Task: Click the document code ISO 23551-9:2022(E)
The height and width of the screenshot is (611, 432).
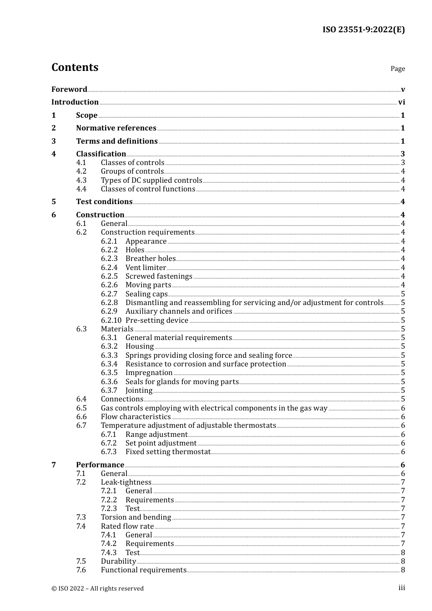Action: pyautogui.click(x=363, y=30)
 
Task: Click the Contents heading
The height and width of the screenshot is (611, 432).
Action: pyautogui.click(x=75, y=67)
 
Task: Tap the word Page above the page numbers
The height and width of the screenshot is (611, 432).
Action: pyautogui.click(x=397, y=69)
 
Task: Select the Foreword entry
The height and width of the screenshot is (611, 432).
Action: pyautogui.click(x=69, y=89)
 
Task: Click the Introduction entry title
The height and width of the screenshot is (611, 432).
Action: pyautogui.click(x=75, y=102)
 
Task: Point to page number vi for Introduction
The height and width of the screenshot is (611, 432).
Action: pyautogui.click(x=402, y=102)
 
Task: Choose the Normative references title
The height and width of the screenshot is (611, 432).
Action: pyautogui.click(x=116, y=128)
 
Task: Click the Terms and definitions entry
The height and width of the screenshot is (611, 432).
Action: pyautogui.click(x=117, y=141)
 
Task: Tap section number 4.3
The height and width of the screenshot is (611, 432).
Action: pyautogui.click(x=81, y=180)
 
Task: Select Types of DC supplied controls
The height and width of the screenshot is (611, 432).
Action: pyautogui.click(x=151, y=180)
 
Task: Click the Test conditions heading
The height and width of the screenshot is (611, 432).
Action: pyautogui.click(x=104, y=202)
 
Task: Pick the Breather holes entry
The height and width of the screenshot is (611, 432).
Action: pyautogui.click(x=151, y=259)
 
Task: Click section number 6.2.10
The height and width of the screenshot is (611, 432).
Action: pyautogui.click(x=111, y=321)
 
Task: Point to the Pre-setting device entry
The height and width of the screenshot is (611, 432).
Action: pyautogui.click(x=157, y=321)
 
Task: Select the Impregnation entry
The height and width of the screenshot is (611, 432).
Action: pyautogui.click(x=149, y=373)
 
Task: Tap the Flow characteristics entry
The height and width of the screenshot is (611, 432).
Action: pyautogui.click(x=136, y=417)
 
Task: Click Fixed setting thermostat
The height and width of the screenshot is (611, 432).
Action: pyautogui.click(x=168, y=452)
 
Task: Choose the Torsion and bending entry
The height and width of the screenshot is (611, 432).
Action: pyautogui.click(x=136, y=517)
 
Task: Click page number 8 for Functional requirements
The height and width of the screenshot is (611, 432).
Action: pyautogui.click(x=403, y=570)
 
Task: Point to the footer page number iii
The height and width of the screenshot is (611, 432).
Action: pyautogui.click(x=402, y=588)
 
